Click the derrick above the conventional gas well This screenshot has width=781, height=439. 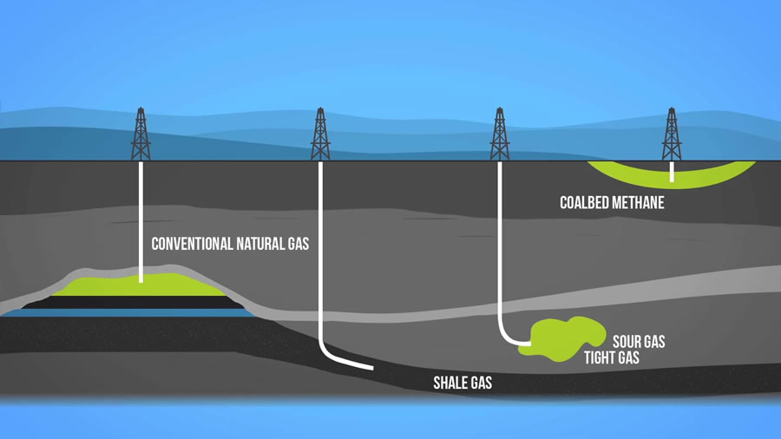coord(141,134)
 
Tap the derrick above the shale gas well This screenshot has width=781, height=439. coord(320,134)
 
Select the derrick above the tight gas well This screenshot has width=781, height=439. coord(500,134)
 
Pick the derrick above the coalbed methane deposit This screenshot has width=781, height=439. coord(671,134)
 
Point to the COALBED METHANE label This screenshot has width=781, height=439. coord(612,203)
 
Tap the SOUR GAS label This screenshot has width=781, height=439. coord(639,342)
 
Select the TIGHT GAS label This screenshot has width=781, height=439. coord(611,357)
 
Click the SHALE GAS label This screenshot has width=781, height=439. coord(463,383)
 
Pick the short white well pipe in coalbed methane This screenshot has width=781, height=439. coord(671,172)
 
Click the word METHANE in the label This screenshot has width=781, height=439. coord(642,203)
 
